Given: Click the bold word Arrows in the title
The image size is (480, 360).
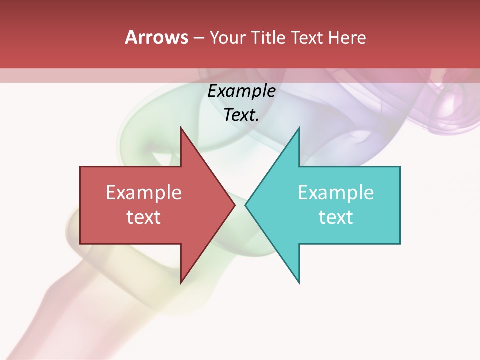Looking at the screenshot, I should (156, 37).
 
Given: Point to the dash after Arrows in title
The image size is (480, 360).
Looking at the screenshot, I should (198, 38).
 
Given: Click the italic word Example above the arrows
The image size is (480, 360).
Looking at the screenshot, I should (241, 91).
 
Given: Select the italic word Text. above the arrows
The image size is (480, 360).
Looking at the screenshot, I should (241, 115).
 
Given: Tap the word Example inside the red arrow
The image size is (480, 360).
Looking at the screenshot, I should (144, 193).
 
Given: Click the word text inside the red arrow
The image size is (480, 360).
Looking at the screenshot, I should (144, 217).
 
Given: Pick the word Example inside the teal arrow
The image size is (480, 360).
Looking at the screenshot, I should (336, 193).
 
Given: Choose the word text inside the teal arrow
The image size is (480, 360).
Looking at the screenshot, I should (336, 217).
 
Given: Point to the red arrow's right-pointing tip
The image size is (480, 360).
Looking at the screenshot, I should (235, 205).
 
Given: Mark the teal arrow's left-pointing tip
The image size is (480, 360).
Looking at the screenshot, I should (245, 205).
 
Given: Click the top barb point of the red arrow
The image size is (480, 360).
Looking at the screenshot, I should (181, 127).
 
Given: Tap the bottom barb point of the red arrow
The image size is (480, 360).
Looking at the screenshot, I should (181, 283).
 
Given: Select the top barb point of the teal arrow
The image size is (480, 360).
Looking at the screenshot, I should (299, 127).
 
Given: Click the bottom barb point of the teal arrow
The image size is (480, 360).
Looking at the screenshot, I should (299, 283).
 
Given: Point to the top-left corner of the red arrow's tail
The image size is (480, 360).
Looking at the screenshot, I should (80, 167).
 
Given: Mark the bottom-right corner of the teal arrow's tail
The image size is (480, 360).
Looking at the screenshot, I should (400, 244).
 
